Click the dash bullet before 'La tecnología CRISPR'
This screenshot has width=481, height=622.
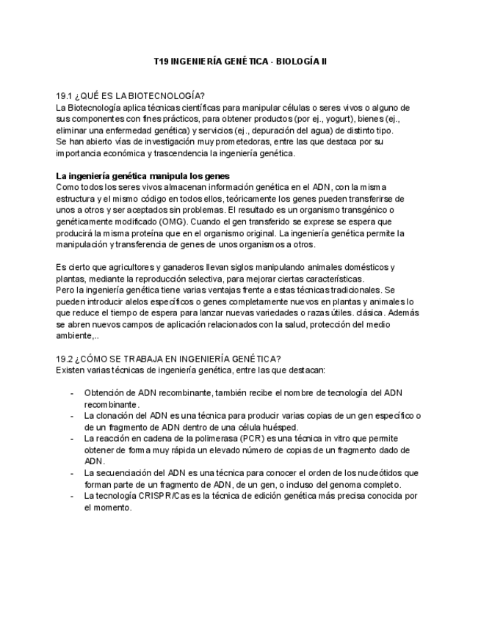tap(71, 496)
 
